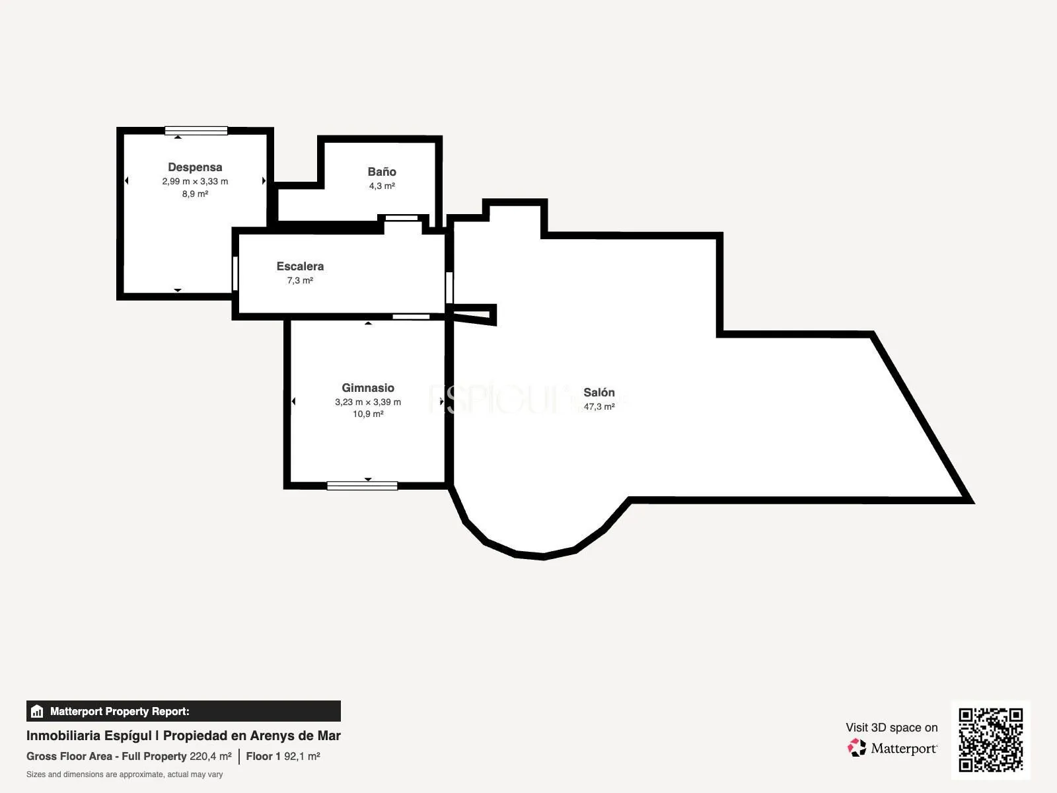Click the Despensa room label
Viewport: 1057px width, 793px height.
coord(195,167)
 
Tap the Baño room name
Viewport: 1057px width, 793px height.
coord(382,171)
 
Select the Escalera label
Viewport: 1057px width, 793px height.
coord(300,266)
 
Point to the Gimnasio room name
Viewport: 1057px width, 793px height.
coord(368,388)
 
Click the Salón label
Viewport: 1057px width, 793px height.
coord(599,392)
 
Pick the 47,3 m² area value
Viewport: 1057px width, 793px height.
coord(599,406)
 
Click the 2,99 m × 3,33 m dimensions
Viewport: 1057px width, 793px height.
coord(195,182)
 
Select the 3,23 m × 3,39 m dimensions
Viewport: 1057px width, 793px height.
coord(368,402)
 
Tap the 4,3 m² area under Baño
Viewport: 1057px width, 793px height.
coord(382,186)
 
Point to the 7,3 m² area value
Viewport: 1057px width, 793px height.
coord(300,280)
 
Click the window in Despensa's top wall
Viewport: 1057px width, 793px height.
coord(196,130)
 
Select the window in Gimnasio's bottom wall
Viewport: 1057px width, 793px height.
coord(362,486)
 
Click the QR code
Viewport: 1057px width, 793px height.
coord(990,739)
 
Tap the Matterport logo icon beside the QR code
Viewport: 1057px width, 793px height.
coord(857,748)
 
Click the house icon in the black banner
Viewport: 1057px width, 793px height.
coord(37,711)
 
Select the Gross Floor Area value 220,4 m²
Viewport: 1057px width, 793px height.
coord(211,756)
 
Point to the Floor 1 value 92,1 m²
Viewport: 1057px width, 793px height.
coord(302,756)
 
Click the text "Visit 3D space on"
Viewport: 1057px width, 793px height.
coord(891,728)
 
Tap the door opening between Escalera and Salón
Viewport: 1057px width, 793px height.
coord(449,287)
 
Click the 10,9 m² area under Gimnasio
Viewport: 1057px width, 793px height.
coord(368,414)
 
